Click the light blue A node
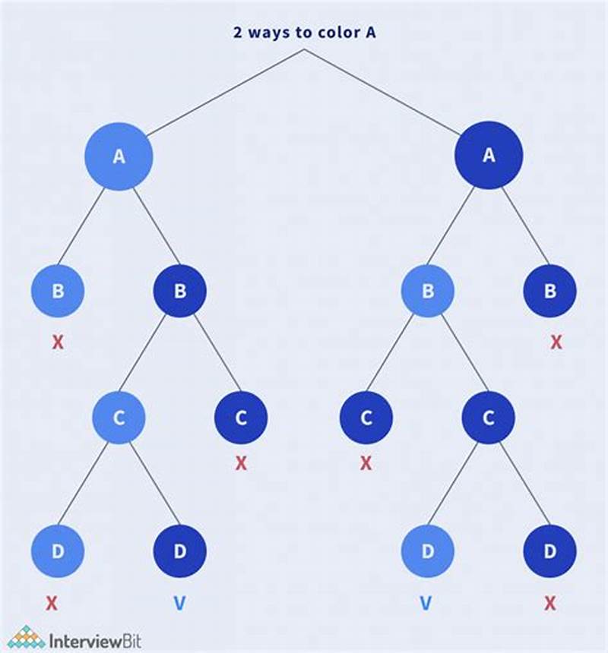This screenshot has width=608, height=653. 119,156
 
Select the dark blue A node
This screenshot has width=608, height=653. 489,156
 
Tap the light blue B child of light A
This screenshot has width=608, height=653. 58,291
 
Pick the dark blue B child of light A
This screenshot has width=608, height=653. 180,291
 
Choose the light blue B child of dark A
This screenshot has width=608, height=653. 427,291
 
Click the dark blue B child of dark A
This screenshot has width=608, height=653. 549,291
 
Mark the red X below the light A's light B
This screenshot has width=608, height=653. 58,342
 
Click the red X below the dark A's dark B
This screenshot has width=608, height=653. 556,342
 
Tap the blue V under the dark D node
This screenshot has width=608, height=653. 180,604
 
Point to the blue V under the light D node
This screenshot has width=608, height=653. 427,604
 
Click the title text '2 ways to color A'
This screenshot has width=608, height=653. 304,33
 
